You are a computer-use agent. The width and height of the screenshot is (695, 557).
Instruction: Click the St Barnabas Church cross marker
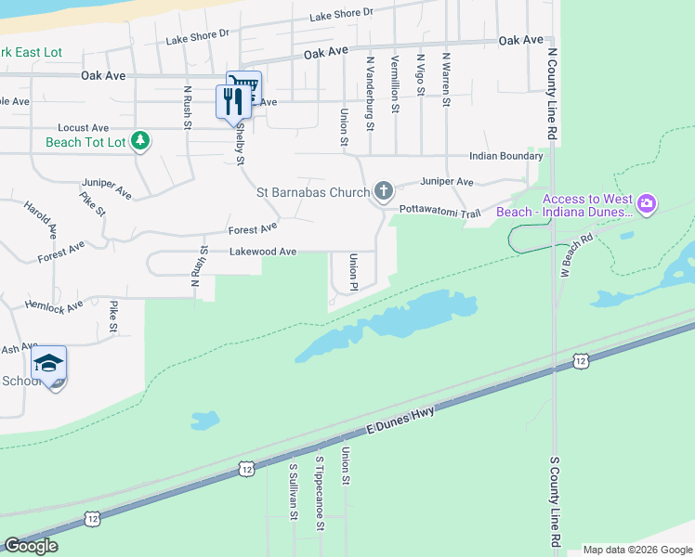coord(383,192)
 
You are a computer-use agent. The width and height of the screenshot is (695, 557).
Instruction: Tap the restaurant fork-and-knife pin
coord(231,100)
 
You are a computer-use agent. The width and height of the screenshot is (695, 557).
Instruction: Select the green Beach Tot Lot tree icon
coord(139,141)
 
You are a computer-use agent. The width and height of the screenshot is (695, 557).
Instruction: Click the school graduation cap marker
coord(48,363)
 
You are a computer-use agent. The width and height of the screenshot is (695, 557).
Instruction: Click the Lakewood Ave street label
coord(263,252)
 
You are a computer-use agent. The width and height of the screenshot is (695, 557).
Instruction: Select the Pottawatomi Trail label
coord(439,213)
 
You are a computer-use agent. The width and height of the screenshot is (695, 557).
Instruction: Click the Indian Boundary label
coord(505,156)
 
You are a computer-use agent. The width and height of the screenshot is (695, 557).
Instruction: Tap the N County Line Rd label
coord(552,95)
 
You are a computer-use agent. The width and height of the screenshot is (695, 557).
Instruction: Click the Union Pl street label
coord(353,272)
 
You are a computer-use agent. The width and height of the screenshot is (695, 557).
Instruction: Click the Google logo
coord(31,546)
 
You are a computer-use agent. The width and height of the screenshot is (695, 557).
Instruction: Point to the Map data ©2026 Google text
coord(636,550)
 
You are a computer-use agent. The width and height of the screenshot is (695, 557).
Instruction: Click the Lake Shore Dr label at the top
coord(340,13)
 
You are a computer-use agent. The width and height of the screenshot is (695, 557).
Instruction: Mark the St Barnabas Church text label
coord(312,193)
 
